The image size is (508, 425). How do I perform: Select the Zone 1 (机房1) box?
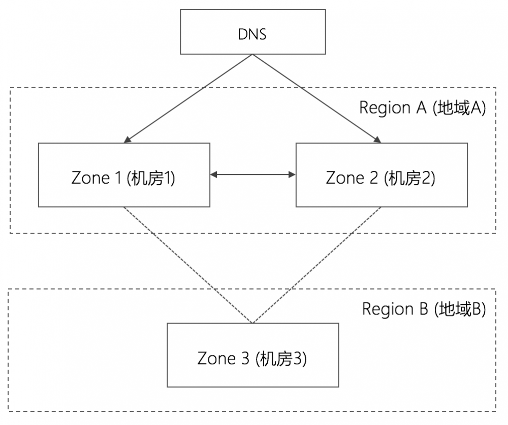point(124,175)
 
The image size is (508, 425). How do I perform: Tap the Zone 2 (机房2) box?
point(381,175)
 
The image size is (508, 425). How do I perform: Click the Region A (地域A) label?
point(423,108)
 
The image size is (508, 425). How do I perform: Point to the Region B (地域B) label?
point(424,309)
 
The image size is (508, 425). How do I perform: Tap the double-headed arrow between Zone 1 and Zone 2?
point(252,174)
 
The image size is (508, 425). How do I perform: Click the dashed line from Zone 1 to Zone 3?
point(188,265)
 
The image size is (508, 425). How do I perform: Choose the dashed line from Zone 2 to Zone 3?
point(316,265)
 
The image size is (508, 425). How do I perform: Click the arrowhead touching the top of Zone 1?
point(127,140)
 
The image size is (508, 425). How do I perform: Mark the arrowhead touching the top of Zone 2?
point(378,140)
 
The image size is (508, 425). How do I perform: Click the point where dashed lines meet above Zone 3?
point(252,323)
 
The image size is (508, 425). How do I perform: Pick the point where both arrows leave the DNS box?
point(252,55)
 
